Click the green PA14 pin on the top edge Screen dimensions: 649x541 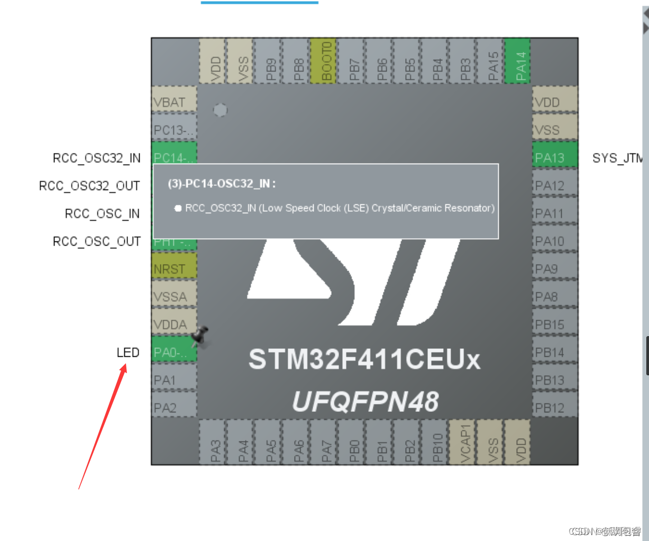click(518, 61)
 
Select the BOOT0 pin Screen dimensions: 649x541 click(324, 61)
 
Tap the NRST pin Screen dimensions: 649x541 click(174, 269)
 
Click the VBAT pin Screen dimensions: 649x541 click(174, 102)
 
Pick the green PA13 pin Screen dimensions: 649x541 click(554, 158)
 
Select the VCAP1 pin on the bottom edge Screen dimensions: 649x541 click(463, 443)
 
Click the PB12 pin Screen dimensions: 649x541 click(554, 408)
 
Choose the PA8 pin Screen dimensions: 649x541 click(554, 296)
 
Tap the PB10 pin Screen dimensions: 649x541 click(435, 443)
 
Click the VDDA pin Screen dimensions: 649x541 click(174, 324)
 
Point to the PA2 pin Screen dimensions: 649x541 click(174, 408)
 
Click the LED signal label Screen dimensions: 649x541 click(128, 353)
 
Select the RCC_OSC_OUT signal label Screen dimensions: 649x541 click(97, 241)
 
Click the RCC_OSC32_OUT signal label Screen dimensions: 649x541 click(89, 186)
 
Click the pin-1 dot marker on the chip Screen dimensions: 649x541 click(221, 110)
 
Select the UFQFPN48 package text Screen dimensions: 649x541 click(365, 402)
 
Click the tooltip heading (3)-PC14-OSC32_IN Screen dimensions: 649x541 click(222, 184)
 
